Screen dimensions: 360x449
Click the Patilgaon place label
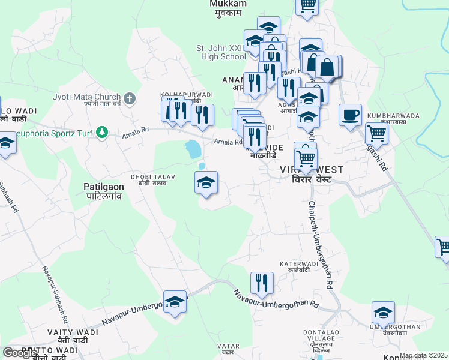[104, 191]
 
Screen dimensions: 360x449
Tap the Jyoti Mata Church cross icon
[130, 98]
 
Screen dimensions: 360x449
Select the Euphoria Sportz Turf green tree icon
[103, 131]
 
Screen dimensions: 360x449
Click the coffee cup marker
[350, 114]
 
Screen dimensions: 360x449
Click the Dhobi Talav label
[148, 179]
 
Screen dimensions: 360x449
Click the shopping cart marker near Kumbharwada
[376, 133]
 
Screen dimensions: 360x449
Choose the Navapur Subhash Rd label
[54, 298]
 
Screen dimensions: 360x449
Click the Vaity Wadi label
[68, 335]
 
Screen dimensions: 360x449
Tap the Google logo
[20, 353]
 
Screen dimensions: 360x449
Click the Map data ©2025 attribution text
[424, 355]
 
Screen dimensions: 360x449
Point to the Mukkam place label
[228, 7]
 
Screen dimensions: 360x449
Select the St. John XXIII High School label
[221, 53]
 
